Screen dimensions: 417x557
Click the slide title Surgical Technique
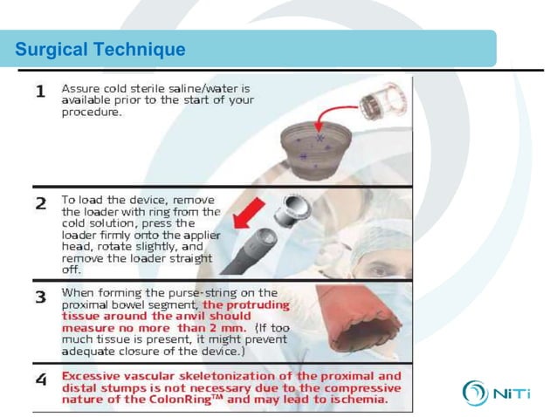tap(100, 50)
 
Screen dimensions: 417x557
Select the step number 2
tap(40, 203)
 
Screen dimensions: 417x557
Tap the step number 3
tap(40, 297)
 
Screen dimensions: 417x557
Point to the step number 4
tap(40, 380)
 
